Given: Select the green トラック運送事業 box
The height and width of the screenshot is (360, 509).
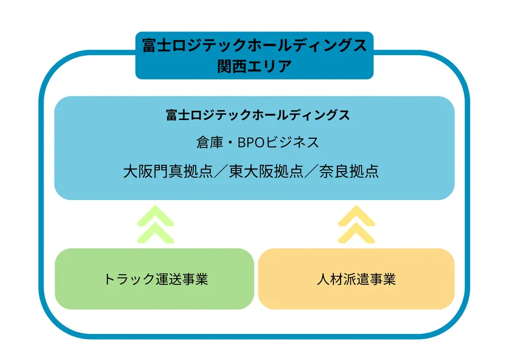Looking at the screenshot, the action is [155, 279].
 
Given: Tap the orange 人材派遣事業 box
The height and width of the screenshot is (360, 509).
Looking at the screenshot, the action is [356, 279].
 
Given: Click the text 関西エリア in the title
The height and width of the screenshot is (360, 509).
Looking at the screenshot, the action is [254, 67].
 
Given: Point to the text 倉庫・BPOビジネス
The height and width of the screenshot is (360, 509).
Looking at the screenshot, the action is [258, 142].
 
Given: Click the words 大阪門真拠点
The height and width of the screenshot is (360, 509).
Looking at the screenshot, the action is [168, 172].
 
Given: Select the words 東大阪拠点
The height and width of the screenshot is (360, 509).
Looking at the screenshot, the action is [266, 172].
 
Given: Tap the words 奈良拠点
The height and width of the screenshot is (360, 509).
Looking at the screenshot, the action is [349, 172].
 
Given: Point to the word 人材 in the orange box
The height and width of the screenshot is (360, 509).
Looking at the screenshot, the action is [330, 279].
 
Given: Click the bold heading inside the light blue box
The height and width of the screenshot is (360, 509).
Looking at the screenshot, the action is [258, 115].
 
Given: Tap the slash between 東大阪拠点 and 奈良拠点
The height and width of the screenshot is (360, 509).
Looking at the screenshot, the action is [311, 172].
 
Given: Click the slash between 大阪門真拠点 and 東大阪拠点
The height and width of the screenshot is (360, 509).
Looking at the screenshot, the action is [221, 172].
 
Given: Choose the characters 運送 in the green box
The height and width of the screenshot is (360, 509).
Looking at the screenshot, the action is [168, 279].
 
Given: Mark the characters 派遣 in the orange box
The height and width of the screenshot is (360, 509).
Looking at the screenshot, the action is [356, 279].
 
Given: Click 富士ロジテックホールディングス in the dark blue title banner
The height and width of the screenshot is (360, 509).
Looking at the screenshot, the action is [254, 45].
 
